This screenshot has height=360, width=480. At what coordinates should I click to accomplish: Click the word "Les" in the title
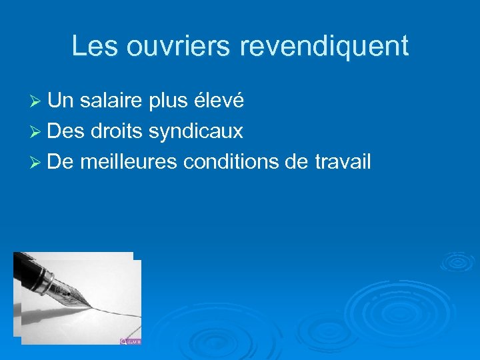pyautogui.click(x=91, y=46)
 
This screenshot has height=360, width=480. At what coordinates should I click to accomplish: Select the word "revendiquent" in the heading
pyautogui.click(x=323, y=46)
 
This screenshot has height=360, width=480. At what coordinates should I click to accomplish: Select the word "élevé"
pyautogui.click(x=219, y=101)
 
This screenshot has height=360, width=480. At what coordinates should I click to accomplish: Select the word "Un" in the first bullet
pyautogui.click(x=61, y=101)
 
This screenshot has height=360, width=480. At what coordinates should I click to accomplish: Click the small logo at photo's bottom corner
pyautogui.click(x=131, y=341)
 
